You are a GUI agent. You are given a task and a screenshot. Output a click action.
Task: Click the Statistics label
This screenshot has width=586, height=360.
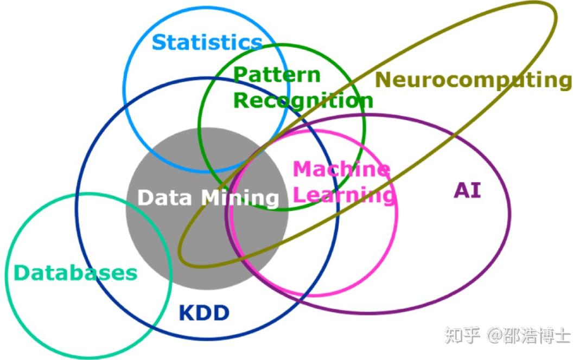(207, 42)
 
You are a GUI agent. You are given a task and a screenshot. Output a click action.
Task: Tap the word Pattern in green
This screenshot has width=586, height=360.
(277, 75)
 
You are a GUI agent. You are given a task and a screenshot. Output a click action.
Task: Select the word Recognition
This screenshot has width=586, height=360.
(303, 100)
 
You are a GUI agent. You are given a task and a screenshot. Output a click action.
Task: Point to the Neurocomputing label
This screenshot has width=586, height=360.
(474, 80)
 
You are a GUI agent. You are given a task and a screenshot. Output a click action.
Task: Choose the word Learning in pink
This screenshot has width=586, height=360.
(344, 195)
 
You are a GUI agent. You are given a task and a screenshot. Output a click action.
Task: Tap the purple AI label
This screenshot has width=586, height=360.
(467, 190)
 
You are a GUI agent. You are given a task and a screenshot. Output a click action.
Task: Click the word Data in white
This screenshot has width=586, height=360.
(165, 197)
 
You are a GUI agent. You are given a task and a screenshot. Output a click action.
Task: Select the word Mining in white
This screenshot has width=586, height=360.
(241, 198)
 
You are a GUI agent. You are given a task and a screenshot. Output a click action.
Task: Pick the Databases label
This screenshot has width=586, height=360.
(75, 273)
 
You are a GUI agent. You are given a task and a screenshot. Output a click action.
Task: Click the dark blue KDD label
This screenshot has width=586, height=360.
(204, 313)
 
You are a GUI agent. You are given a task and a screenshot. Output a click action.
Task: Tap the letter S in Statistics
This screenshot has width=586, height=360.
(159, 42)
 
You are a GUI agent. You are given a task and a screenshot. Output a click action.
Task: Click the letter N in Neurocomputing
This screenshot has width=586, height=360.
(384, 79)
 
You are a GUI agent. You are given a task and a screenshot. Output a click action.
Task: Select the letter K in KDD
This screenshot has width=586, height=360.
(187, 313)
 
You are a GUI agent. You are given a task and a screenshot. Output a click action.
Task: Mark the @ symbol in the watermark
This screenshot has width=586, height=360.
(495, 336)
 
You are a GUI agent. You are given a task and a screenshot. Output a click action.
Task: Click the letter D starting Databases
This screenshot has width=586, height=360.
(22, 273)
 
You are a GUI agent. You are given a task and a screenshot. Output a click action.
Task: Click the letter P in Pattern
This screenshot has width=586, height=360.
(241, 75)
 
